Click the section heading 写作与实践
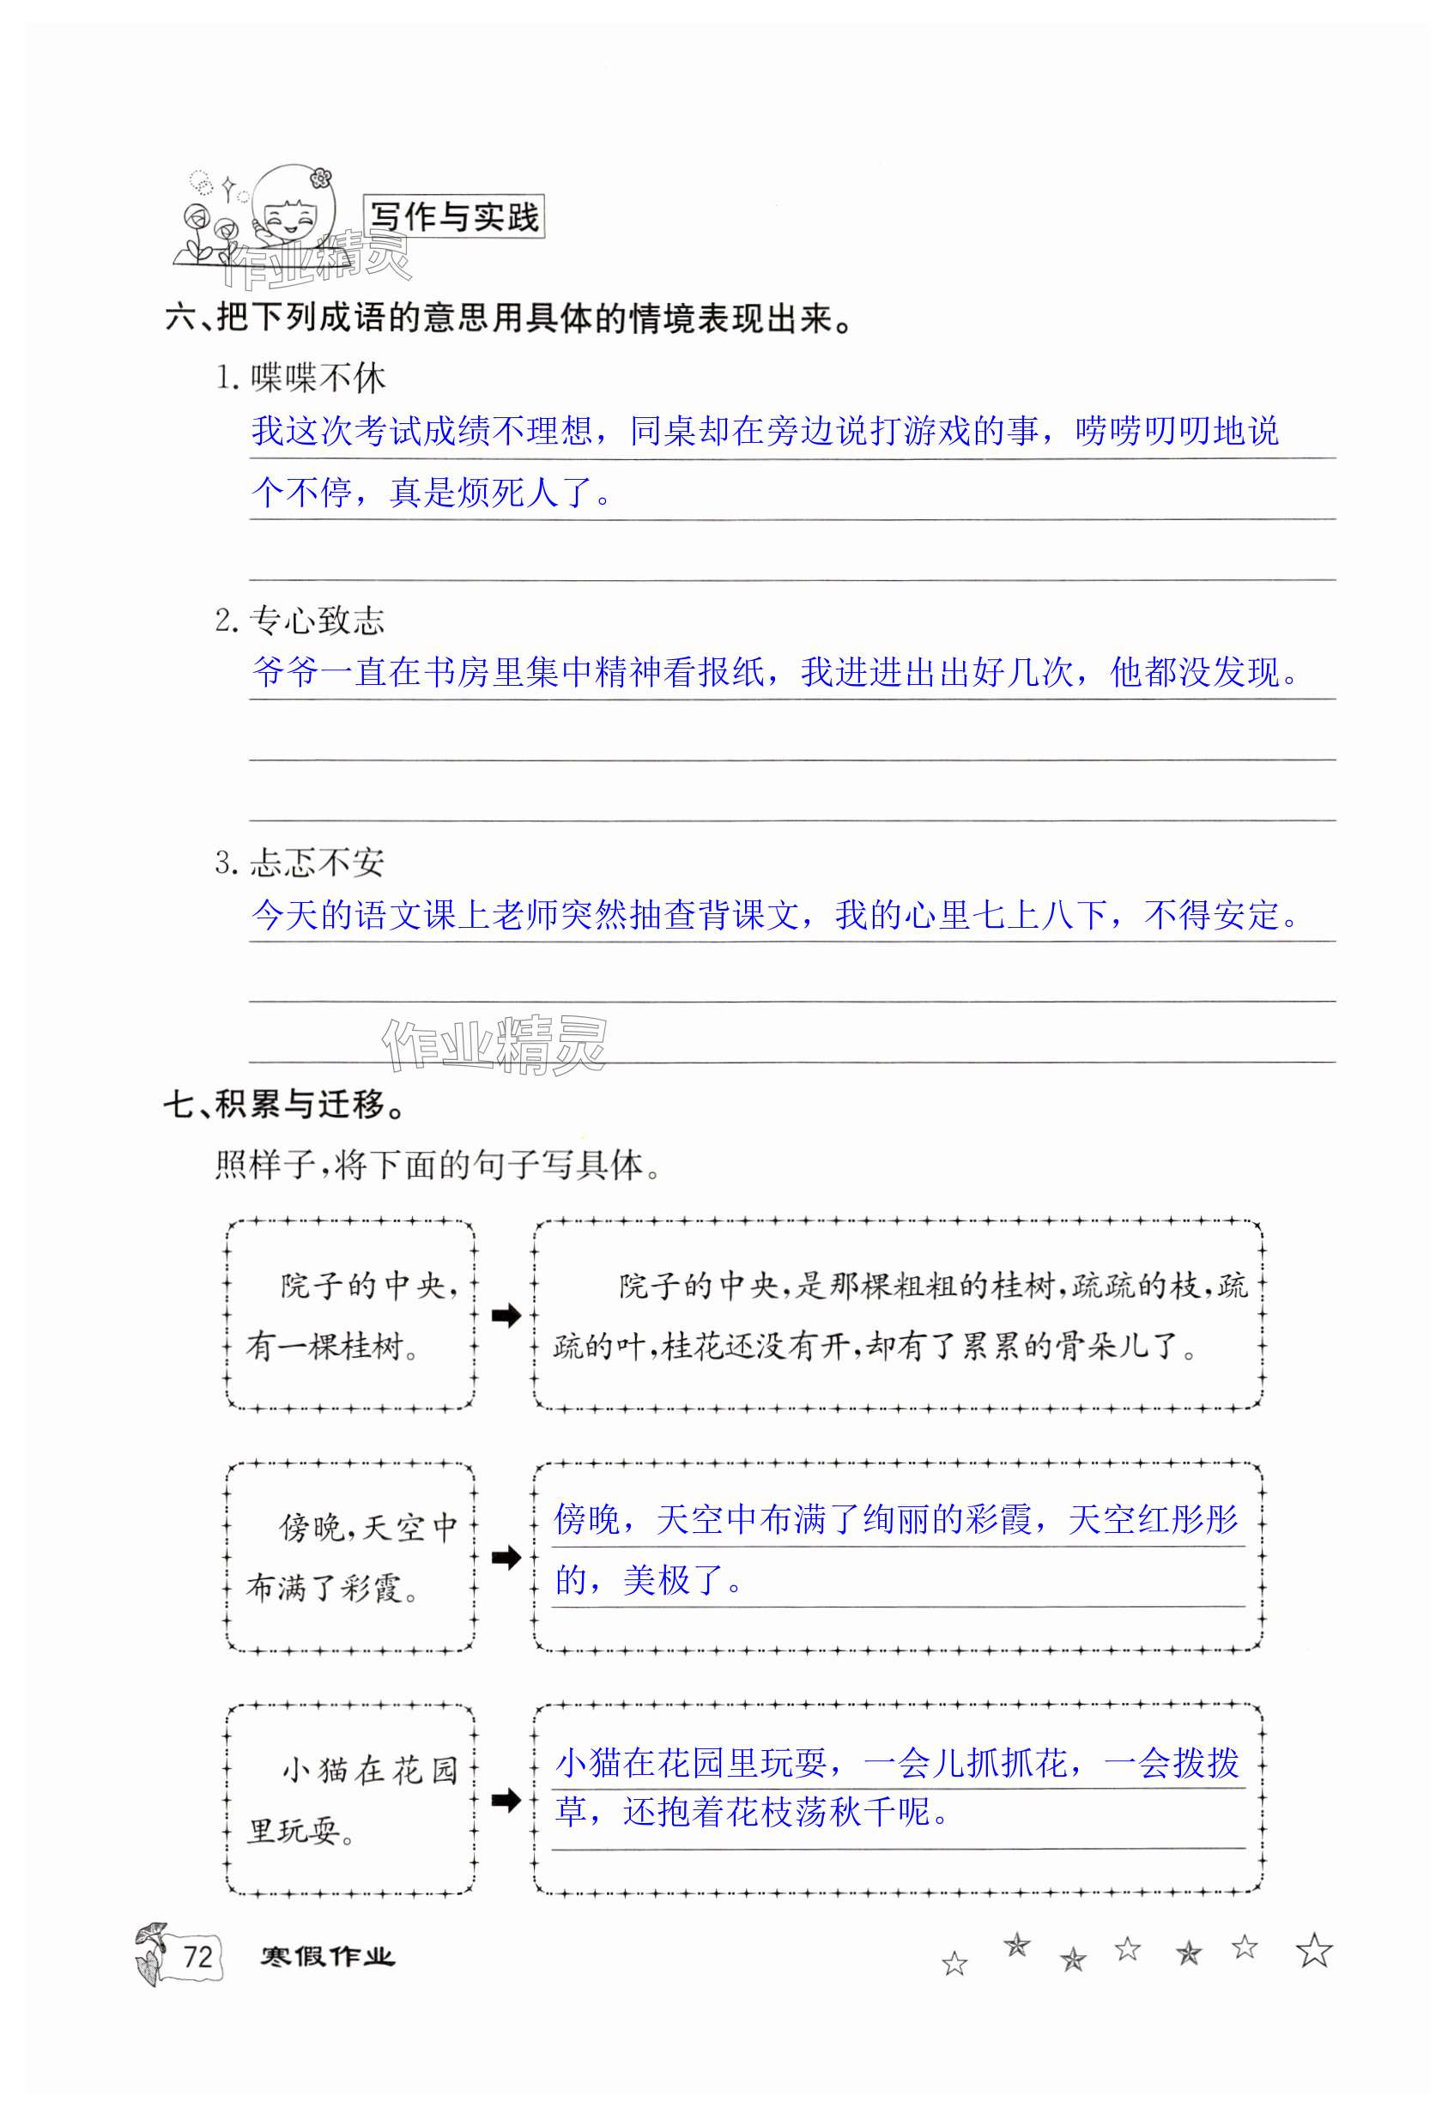pos(453,217)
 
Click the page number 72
pos(198,1957)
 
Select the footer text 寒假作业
pos(326,1957)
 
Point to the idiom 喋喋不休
pos(318,378)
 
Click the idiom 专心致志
pos(317,621)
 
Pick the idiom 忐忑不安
pos(317,863)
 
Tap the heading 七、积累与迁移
pos(285,1105)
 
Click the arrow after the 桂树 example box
pos(506,1316)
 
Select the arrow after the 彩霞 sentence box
pos(506,1557)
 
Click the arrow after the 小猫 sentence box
pos(506,1800)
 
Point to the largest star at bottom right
pos(1313,1951)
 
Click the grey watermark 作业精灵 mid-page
pos(494,1045)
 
